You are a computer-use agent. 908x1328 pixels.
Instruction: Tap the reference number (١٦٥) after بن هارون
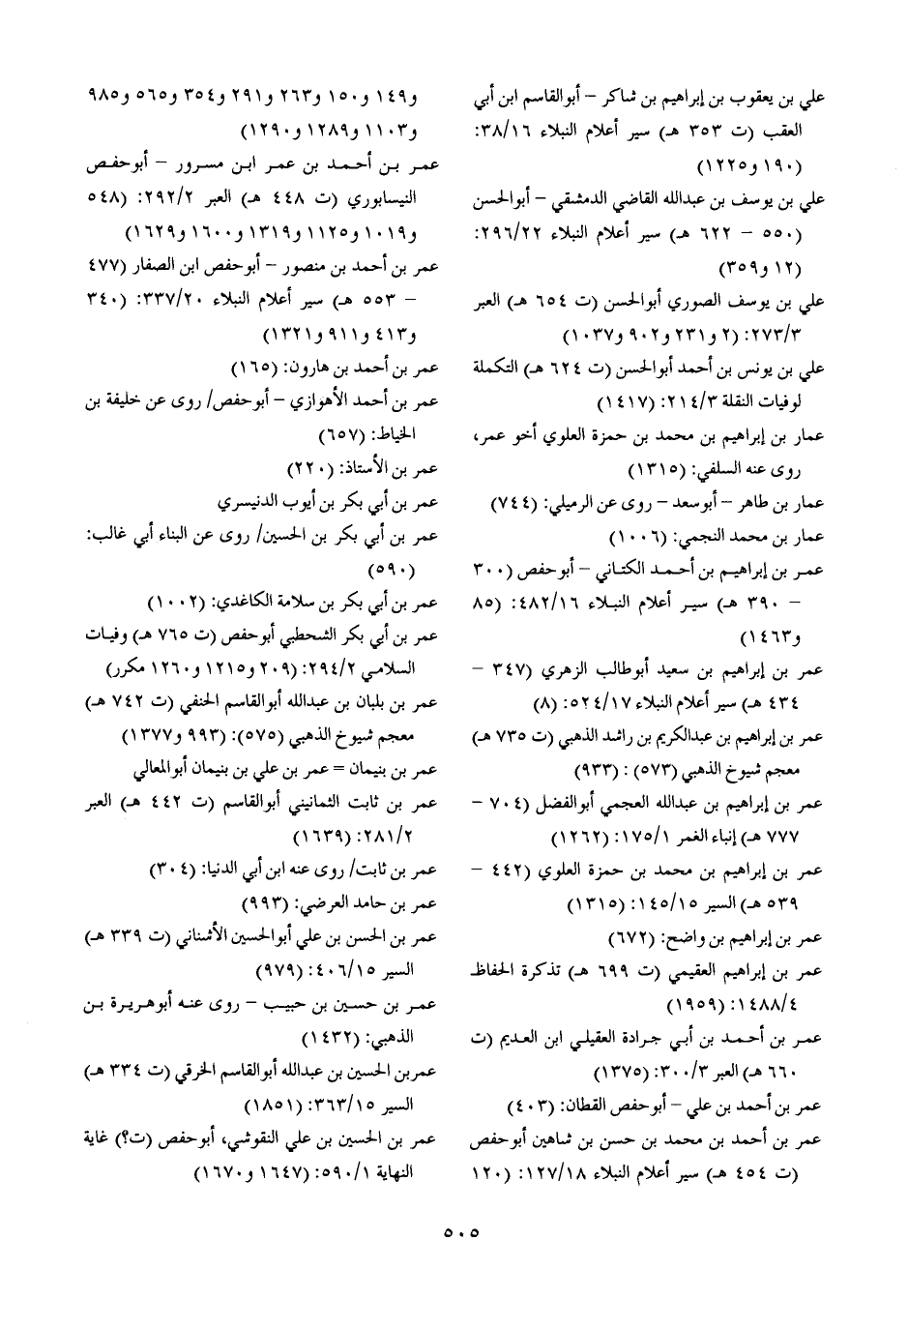pos(259,369)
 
